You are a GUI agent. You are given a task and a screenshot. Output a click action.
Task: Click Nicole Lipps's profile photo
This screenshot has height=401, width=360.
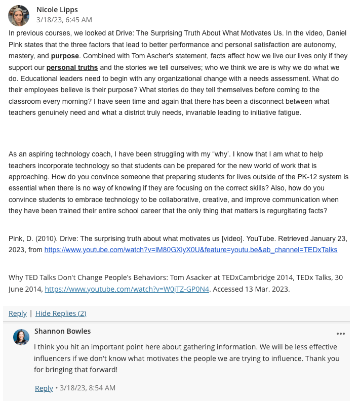click(19, 16)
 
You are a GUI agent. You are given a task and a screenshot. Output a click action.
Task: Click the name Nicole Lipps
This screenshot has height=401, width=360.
click(57, 10)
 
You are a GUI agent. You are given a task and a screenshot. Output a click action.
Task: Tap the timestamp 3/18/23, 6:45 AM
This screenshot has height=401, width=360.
click(64, 20)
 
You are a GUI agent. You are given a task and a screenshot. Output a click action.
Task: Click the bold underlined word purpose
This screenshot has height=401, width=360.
click(65, 56)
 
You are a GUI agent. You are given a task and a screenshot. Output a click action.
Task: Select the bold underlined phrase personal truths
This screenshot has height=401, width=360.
click(72, 67)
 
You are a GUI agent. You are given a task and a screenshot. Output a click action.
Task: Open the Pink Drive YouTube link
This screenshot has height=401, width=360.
click(190, 250)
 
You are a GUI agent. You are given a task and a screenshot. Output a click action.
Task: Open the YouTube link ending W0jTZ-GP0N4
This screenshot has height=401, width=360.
click(127, 289)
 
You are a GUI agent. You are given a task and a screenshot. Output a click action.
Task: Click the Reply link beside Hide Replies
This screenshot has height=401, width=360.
click(18, 313)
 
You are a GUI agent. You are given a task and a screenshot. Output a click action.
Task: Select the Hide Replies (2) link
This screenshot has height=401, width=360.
click(61, 313)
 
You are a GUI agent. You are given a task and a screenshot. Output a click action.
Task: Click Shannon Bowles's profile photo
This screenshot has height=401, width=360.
click(21, 337)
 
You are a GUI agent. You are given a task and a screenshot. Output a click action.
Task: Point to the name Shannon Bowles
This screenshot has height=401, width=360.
click(63, 331)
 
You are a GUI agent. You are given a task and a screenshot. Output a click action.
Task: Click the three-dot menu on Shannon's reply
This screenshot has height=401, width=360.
click(340, 334)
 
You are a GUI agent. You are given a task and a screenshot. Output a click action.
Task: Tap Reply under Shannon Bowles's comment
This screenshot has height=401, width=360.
click(44, 388)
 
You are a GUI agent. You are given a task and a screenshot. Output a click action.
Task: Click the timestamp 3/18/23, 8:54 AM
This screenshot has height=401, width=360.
click(88, 388)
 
